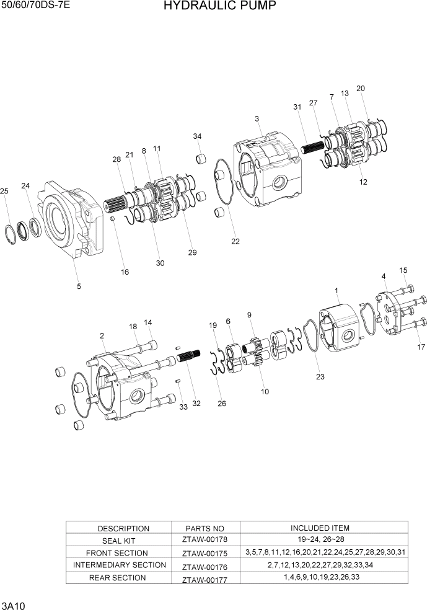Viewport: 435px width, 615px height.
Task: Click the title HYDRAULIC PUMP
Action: coord(211,7)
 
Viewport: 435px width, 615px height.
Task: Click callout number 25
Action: coord(4,191)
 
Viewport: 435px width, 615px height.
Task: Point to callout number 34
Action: coord(197,136)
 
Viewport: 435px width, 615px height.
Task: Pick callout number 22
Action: coord(235,241)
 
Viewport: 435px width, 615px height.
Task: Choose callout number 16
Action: coord(125,272)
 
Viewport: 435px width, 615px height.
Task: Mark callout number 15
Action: coord(403,270)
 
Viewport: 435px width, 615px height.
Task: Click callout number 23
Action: coord(320,376)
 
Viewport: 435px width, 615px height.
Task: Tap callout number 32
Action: coord(196,404)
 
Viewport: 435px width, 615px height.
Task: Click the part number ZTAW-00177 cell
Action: coord(201,579)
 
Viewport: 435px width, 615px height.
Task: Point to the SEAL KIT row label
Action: coord(123,541)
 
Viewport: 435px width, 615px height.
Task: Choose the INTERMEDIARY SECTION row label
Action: coord(120,565)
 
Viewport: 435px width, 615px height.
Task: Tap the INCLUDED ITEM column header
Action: coord(320,528)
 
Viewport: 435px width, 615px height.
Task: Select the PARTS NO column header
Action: coord(201,529)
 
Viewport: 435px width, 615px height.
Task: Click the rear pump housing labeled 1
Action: coord(340,325)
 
